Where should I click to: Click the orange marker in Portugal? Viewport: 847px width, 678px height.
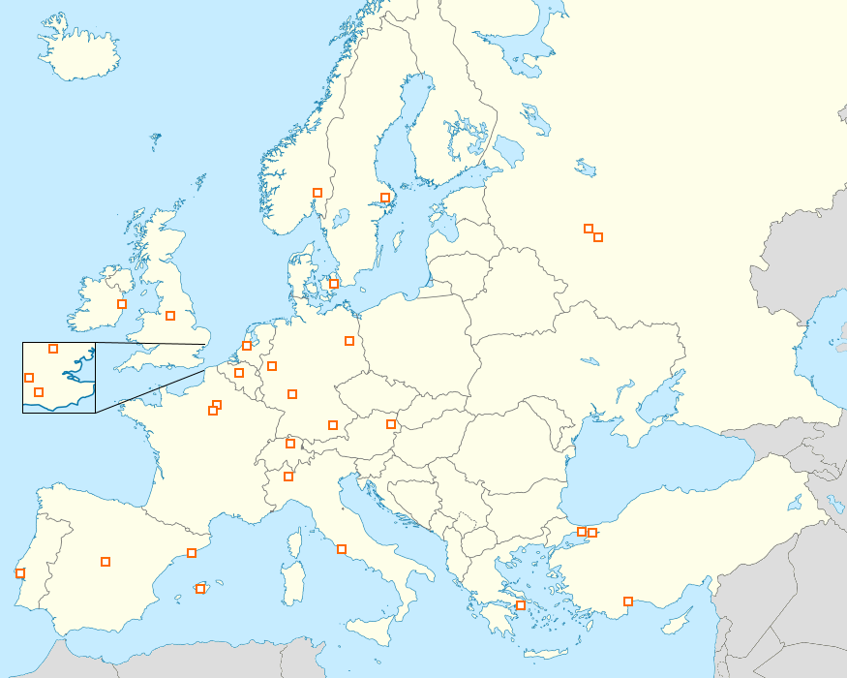pyautogui.click(x=20, y=573)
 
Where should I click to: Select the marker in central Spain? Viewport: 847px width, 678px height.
pyautogui.click(x=106, y=562)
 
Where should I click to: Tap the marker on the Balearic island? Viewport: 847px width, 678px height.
pyautogui.click(x=200, y=589)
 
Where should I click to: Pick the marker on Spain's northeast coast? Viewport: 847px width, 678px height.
pyautogui.click(x=192, y=553)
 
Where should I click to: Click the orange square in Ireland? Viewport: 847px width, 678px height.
pyautogui.click(x=122, y=304)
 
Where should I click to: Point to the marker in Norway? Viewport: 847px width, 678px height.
pyautogui.click(x=317, y=193)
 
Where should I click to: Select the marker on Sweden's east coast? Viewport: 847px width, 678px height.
pyautogui.click(x=384, y=198)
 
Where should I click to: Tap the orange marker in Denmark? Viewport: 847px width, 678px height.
pyautogui.click(x=334, y=284)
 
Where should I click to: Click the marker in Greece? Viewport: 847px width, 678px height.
pyautogui.click(x=521, y=605)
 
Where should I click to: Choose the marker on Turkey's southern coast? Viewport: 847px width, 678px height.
pyautogui.click(x=628, y=601)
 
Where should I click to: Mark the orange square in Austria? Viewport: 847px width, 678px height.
pyautogui.click(x=391, y=424)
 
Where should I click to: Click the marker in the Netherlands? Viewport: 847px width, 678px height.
pyautogui.click(x=247, y=346)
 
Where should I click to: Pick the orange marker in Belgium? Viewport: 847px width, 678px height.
pyautogui.click(x=239, y=373)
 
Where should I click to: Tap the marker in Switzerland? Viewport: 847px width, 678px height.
pyautogui.click(x=290, y=445)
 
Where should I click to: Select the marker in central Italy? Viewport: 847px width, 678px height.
pyautogui.click(x=341, y=549)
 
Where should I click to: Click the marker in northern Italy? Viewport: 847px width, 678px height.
pyautogui.click(x=288, y=477)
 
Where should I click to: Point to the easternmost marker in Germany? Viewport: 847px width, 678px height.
pyautogui.click(x=349, y=341)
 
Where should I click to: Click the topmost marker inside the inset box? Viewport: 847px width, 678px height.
pyautogui.click(x=53, y=349)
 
